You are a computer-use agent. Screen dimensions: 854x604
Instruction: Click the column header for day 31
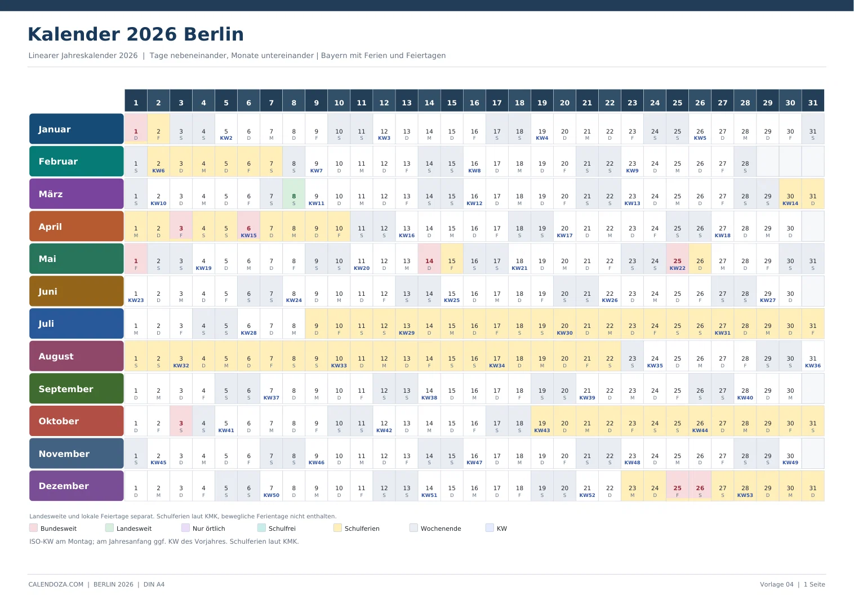(x=813, y=101)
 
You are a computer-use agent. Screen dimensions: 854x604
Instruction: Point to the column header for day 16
(x=474, y=101)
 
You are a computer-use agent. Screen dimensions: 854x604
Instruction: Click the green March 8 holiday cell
(x=293, y=194)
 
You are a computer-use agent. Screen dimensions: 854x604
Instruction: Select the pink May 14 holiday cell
(x=429, y=259)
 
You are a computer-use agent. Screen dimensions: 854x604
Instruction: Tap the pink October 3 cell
(x=181, y=421)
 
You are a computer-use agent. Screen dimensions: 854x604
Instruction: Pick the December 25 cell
(x=678, y=486)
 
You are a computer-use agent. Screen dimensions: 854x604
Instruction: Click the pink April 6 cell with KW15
(x=248, y=226)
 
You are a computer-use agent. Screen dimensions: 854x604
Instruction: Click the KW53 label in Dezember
(x=745, y=495)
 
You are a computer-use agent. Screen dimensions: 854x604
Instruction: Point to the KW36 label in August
(x=813, y=366)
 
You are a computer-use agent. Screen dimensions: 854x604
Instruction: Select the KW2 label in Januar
(x=226, y=138)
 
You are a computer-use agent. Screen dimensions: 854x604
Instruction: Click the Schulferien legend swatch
(x=337, y=528)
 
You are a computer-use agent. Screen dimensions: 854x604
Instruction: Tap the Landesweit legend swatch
(x=109, y=528)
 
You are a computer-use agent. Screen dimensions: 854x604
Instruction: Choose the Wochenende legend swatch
(x=413, y=528)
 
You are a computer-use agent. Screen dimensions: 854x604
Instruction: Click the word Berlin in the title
(x=213, y=34)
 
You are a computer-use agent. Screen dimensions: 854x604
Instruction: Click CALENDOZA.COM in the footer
(x=56, y=584)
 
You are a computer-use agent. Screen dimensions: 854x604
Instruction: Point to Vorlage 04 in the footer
(x=777, y=584)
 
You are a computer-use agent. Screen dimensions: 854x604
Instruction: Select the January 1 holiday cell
(x=136, y=129)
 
